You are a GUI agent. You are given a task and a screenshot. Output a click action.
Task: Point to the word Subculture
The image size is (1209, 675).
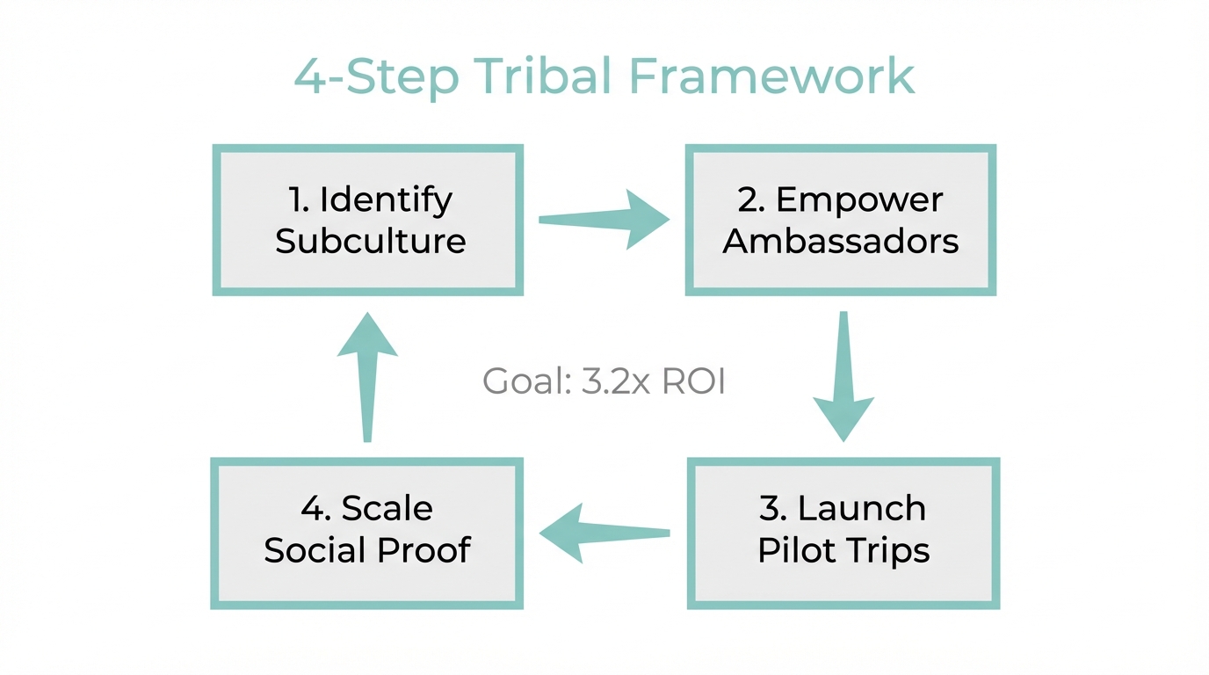point(370,241)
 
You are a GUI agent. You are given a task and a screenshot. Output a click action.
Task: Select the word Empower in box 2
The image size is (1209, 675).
point(859,200)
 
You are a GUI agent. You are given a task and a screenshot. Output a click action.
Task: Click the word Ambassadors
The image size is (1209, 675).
point(840,241)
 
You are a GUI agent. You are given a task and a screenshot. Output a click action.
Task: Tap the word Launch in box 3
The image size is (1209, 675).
point(861,508)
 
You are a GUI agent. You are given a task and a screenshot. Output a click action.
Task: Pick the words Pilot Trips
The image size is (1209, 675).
point(843,550)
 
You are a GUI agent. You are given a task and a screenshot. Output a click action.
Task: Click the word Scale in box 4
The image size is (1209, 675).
point(387,508)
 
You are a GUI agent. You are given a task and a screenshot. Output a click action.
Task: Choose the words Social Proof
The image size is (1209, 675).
point(367,550)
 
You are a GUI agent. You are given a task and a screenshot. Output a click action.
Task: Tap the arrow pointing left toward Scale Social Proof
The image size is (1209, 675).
point(604,533)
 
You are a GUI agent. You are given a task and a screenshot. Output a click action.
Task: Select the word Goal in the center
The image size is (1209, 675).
point(520,383)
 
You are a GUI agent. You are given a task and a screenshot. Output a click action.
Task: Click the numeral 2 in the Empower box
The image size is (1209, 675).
point(749,200)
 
